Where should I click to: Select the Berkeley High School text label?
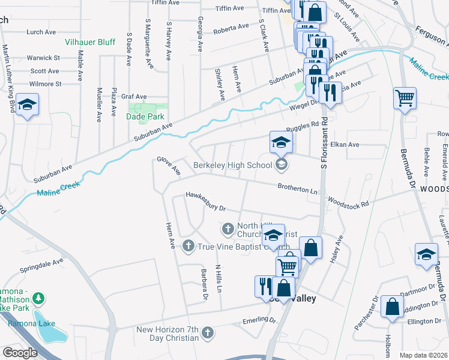tap(233, 165)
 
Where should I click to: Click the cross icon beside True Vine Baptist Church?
tap(188, 245)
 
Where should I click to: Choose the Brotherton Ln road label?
tap(297, 188)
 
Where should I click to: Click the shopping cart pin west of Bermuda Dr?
tap(405, 98)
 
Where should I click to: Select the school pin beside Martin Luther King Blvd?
tap(27, 105)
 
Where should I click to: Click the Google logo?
tap(20, 353)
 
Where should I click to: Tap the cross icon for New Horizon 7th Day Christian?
tap(208, 332)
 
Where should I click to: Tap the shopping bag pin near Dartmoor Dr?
tap(392, 307)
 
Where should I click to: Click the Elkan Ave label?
tap(345, 145)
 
